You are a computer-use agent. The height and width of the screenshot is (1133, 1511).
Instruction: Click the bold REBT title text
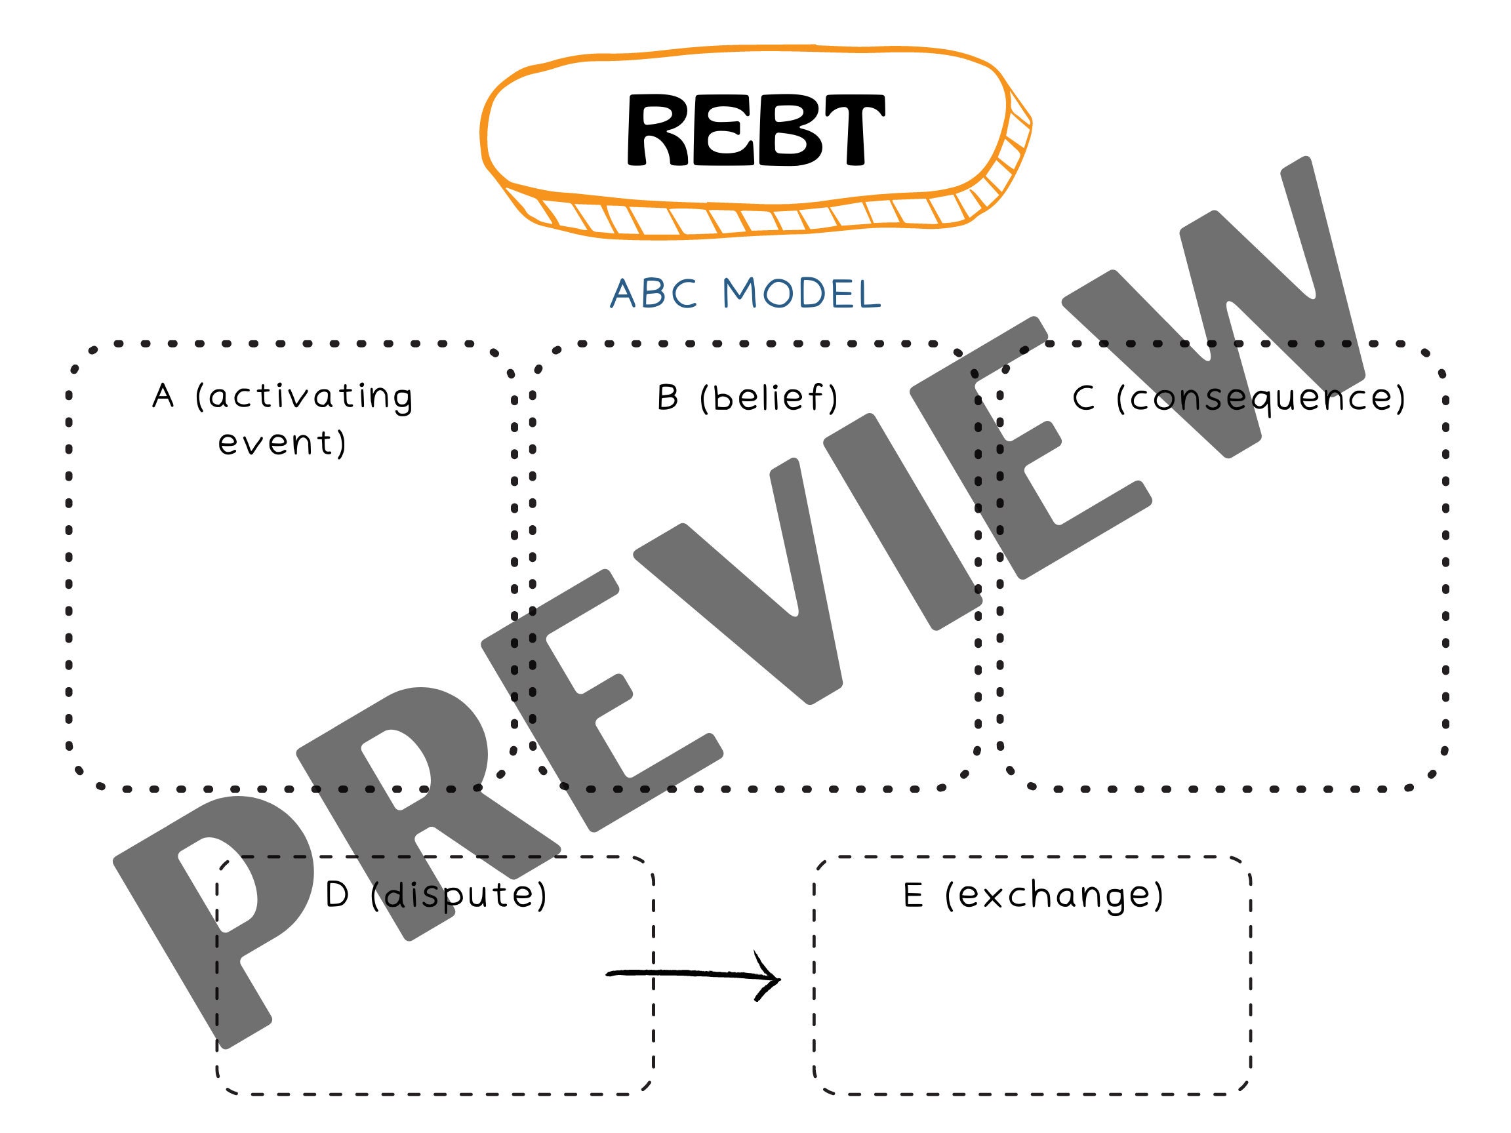click(x=755, y=130)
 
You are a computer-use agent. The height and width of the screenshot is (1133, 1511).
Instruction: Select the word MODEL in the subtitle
click(x=802, y=294)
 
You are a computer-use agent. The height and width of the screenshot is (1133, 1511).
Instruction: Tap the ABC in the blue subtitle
click(x=654, y=294)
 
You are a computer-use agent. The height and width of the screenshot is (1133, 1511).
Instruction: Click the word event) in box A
click(x=282, y=443)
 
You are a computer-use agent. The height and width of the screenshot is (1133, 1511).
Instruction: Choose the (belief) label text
click(x=769, y=397)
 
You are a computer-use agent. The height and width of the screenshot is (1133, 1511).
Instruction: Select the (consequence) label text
click(x=1261, y=397)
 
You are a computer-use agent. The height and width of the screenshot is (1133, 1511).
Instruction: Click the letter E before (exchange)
click(x=914, y=894)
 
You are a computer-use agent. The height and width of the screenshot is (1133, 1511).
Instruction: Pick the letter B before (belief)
click(x=668, y=397)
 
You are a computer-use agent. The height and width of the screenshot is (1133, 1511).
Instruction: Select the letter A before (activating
click(x=163, y=396)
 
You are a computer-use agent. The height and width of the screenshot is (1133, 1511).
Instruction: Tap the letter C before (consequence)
click(x=1084, y=397)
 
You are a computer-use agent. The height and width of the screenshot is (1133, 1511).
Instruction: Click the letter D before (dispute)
click(x=338, y=894)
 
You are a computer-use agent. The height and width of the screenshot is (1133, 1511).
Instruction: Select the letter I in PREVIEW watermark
click(x=902, y=523)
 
